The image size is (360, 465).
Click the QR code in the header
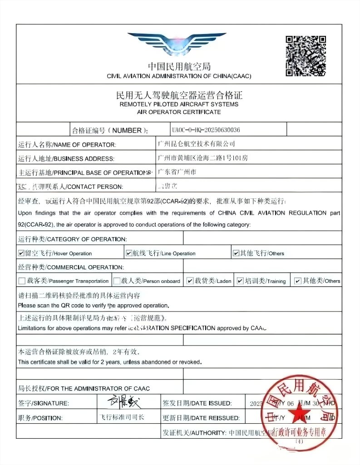pos(306,55)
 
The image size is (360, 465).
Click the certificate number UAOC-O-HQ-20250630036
pos(206,130)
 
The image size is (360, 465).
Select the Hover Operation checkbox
pos(21,253)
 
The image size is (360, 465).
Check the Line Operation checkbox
pos(129,253)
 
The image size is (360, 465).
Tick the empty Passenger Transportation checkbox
pos(22,281)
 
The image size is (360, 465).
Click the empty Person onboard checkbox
pos(117,281)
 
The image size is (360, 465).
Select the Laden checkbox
pos(190,281)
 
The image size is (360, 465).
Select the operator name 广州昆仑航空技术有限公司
pos(196,144)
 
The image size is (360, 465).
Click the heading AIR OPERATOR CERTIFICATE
pos(179,112)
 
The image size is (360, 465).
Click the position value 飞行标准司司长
pos(121,417)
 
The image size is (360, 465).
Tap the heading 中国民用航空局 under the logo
pos(179,67)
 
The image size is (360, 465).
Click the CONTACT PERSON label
pos(95,187)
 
